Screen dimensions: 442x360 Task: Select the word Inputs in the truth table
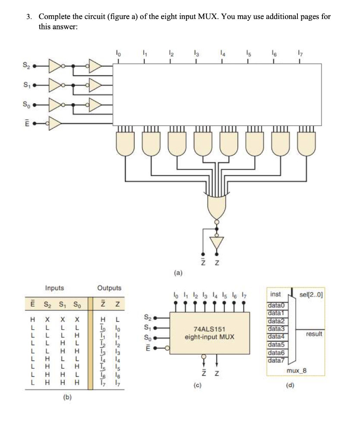54,288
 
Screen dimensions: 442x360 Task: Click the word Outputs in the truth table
109,288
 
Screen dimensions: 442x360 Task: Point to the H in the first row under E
32,320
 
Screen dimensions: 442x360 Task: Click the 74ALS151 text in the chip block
209,329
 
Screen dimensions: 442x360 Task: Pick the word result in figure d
314,335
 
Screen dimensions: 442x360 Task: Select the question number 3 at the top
28,17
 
